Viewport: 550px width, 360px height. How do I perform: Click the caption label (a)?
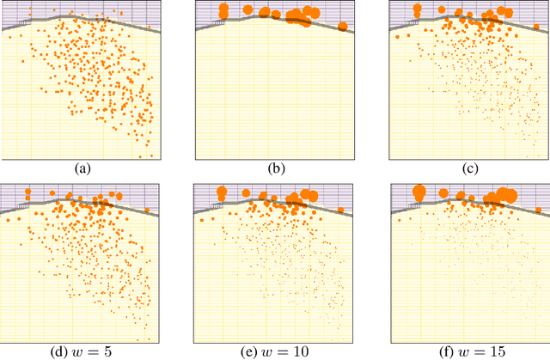click(x=82, y=168)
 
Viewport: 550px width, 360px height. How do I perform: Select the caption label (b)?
click(x=276, y=168)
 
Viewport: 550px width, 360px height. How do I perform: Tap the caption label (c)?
click(x=468, y=168)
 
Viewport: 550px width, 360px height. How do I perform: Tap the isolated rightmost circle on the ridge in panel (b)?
click(x=343, y=27)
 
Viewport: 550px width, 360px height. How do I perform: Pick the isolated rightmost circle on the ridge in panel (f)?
click(x=536, y=210)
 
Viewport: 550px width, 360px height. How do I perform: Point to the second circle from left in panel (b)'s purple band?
click(x=248, y=10)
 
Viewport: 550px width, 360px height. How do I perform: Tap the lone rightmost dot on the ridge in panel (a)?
click(x=150, y=27)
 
